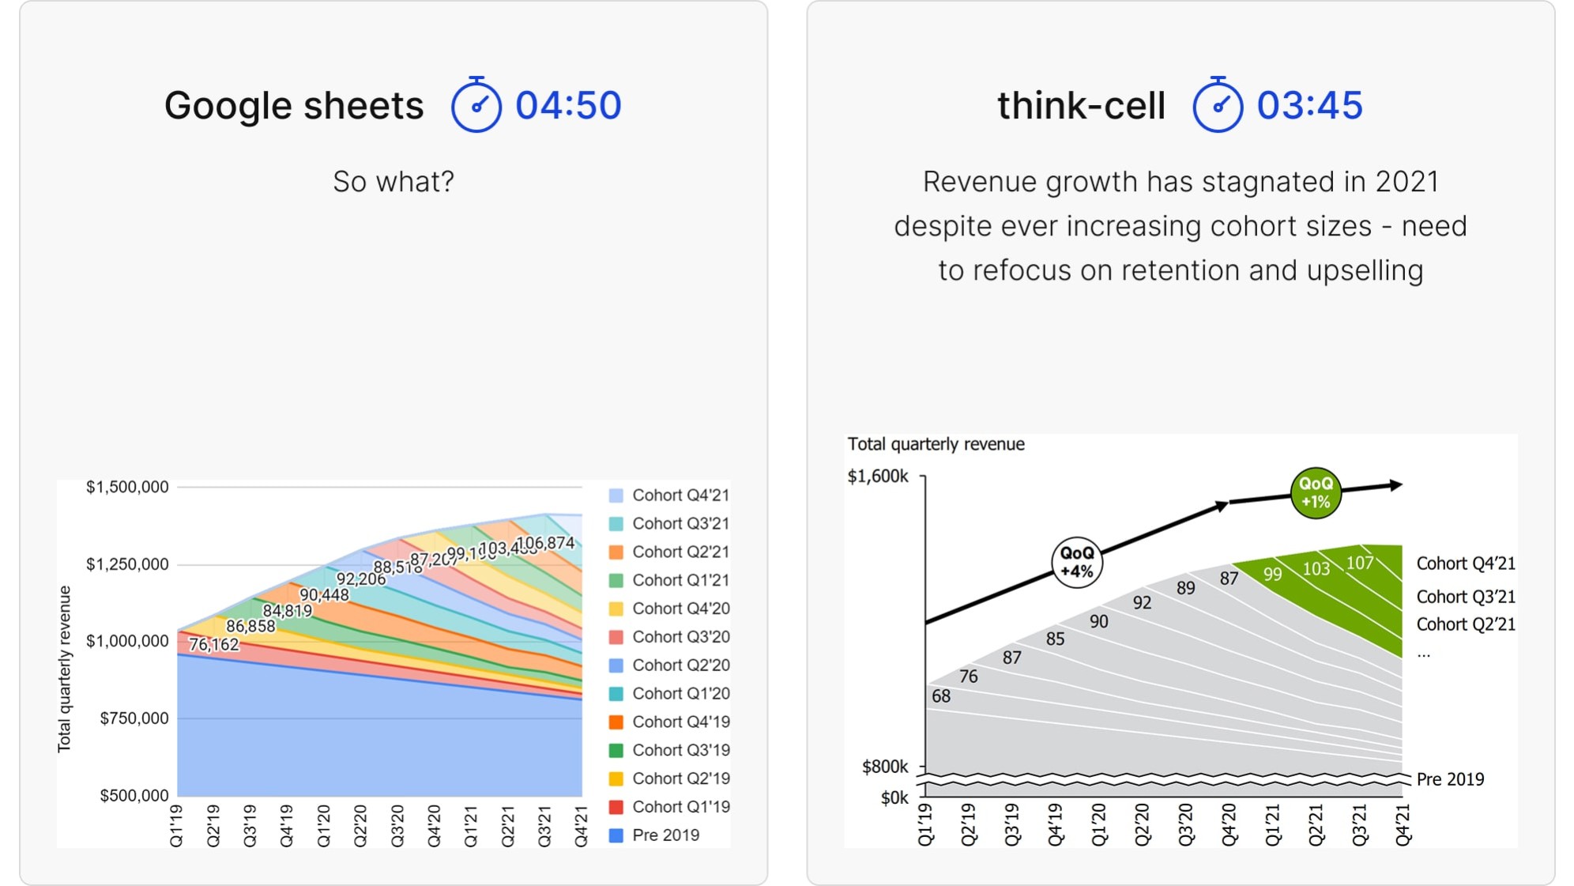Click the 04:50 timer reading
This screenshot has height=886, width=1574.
[568, 105]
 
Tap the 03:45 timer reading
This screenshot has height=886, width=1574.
[1309, 105]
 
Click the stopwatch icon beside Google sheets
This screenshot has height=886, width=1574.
[476, 105]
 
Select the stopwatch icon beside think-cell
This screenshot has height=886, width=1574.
[1217, 105]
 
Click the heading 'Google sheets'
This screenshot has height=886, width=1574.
[294, 105]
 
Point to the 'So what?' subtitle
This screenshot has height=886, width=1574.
[393, 182]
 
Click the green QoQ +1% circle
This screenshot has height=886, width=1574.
[1315, 492]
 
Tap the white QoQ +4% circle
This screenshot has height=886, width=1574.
[1076, 562]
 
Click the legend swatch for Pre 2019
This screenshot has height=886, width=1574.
[616, 835]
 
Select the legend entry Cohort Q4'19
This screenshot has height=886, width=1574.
[680, 722]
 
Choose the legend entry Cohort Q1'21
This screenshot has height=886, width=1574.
[680, 580]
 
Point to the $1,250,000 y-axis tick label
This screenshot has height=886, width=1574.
[127, 564]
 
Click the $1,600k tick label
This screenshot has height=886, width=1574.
[877, 477]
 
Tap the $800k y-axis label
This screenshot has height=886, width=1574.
[885, 767]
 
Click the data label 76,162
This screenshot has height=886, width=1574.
[213, 645]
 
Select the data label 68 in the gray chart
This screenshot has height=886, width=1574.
[940, 696]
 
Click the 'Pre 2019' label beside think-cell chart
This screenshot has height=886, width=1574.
[1450, 779]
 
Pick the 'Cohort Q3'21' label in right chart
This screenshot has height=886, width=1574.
[1466, 597]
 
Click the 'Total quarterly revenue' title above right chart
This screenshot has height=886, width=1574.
[936, 444]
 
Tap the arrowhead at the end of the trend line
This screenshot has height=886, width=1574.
[1396, 484]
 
